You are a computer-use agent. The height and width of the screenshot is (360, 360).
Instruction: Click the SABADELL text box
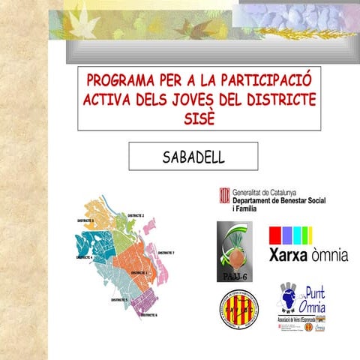pos(193,156)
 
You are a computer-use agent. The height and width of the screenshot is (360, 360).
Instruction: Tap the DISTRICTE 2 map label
pos(135,215)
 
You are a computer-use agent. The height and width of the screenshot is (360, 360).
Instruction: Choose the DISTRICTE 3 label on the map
pos(85,221)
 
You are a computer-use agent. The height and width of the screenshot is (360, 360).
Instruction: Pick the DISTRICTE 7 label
pos(166,253)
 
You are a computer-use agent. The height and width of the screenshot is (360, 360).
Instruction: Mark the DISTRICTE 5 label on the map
pos(119,299)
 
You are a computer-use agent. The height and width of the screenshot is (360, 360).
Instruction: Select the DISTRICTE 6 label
pos(148,315)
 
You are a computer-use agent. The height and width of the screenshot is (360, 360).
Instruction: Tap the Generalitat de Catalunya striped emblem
pos(223,196)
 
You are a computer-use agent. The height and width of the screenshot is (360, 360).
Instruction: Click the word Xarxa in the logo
pos(289,255)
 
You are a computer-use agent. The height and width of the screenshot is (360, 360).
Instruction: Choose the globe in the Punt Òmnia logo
pos(289,295)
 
